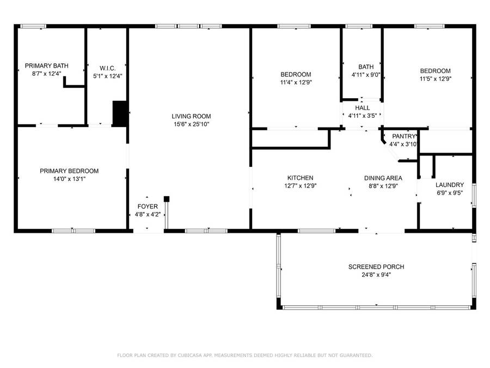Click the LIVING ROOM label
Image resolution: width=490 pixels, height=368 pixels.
tap(191, 116)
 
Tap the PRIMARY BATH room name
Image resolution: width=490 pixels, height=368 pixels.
tap(47, 66)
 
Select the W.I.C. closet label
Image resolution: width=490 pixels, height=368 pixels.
tap(107, 68)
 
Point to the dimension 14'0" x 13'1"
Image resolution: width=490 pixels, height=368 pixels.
tap(69, 179)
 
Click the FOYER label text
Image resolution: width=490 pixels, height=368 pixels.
tap(148, 207)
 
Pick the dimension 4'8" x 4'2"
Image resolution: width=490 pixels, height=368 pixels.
tap(148, 214)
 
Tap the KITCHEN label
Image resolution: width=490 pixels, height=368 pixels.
tap(301, 178)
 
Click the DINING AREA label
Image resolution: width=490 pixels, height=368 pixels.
tap(383, 178)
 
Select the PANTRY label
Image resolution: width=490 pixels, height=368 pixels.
tap(404, 136)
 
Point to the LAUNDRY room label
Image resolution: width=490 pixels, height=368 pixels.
tap(450, 185)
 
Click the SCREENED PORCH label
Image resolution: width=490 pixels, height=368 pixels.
tap(376, 267)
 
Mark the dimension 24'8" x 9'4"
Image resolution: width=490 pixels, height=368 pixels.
tap(376, 275)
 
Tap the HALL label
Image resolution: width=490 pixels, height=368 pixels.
tap(363, 107)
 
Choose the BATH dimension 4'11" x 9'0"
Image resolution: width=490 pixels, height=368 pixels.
tap(366, 75)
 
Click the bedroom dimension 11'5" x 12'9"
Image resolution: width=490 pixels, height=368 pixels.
tap(436, 79)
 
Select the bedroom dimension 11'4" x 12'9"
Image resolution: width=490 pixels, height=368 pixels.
tap(296, 82)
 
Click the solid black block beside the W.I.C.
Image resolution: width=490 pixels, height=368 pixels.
tap(120, 113)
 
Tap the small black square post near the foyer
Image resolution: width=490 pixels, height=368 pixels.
tap(167, 199)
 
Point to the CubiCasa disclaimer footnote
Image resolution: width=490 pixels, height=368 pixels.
tap(245, 355)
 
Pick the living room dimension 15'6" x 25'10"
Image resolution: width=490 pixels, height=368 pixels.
tap(191, 124)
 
